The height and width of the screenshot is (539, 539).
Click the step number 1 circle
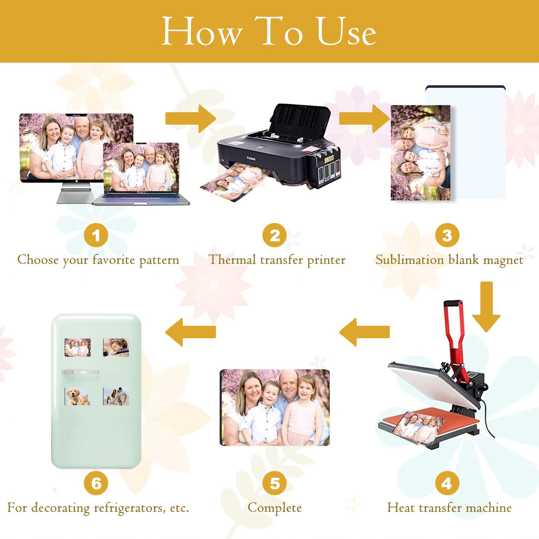point(96,235)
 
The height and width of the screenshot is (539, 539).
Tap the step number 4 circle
point(447,483)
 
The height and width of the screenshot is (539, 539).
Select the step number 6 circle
point(96,483)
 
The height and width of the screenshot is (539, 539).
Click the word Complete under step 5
point(274,507)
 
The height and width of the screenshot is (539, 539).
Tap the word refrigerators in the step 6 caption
point(129,507)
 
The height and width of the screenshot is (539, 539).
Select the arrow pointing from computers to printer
point(190,119)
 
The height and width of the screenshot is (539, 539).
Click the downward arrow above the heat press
point(486,306)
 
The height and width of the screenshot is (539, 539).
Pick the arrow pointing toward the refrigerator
point(190,332)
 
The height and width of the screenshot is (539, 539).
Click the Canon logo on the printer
point(251,158)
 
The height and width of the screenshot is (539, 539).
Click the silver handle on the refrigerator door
point(80,372)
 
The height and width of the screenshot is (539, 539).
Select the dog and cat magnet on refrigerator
point(78,396)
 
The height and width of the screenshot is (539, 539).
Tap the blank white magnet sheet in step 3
point(477,142)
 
